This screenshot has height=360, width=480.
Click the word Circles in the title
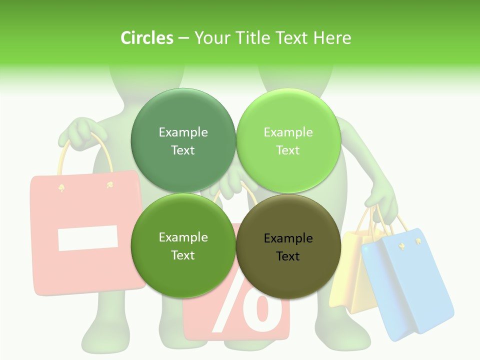tap(146, 38)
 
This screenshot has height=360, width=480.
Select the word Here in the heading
tap(332, 38)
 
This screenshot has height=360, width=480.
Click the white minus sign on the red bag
tap(88, 238)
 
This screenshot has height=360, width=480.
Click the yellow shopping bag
tap(350, 280)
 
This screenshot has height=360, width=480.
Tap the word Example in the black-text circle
tap(288, 238)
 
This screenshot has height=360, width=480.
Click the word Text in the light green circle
tap(288, 150)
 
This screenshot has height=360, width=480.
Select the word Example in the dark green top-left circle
tap(183, 132)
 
